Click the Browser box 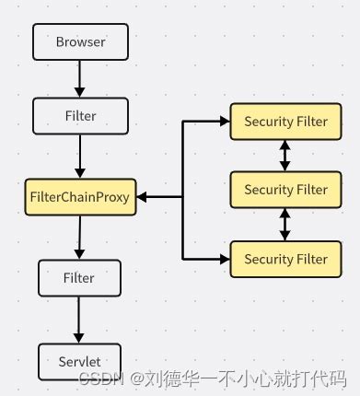click(x=80, y=41)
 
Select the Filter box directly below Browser click(x=80, y=117)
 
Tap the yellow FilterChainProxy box click(x=81, y=196)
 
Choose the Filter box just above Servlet click(x=79, y=276)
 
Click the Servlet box click(x=79, y=361)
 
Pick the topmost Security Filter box click(x=285, y=122)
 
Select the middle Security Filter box click(x=285, y=190)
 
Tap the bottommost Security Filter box click(x=285, y=259)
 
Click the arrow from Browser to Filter click(x=80, y=79)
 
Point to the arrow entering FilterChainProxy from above click(x=80, y=157)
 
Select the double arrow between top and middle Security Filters click(x=285, y=156)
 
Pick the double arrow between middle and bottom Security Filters click(x=285, y=224)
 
